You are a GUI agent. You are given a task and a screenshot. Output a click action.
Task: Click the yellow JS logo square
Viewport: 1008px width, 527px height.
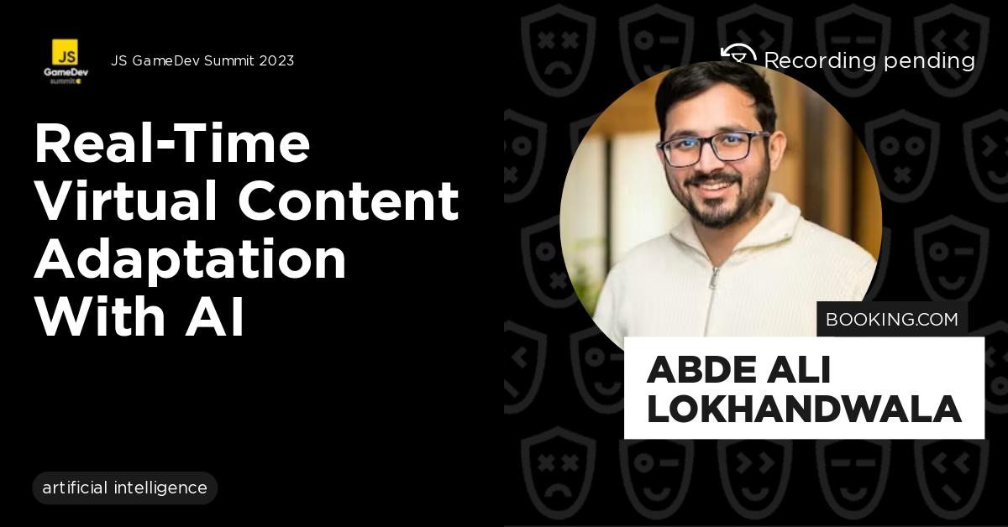tap(65, 52)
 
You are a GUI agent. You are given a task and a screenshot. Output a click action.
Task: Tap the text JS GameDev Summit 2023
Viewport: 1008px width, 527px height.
tap(202, 60)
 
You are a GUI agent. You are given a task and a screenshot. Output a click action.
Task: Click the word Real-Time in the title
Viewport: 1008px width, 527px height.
tap(172, 143)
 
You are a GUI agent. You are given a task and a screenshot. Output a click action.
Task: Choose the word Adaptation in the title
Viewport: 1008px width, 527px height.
tap(190, 259)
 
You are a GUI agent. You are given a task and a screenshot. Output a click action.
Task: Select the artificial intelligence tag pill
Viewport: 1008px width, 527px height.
tap(124, 488)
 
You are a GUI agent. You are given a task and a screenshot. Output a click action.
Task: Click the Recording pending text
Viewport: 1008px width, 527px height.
tap(869, 60)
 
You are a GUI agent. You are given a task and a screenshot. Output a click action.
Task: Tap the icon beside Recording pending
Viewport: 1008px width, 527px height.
tap(738, 55)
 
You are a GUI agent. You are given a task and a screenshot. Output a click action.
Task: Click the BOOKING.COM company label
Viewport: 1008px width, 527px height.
tap(891, 320)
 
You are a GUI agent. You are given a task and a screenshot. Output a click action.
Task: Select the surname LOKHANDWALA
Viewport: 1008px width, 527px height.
tap(804, 410)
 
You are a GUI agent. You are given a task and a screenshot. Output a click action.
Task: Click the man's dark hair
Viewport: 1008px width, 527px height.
tap(714, 88)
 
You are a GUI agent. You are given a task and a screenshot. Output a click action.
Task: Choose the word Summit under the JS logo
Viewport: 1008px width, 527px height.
tap(61, 81)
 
